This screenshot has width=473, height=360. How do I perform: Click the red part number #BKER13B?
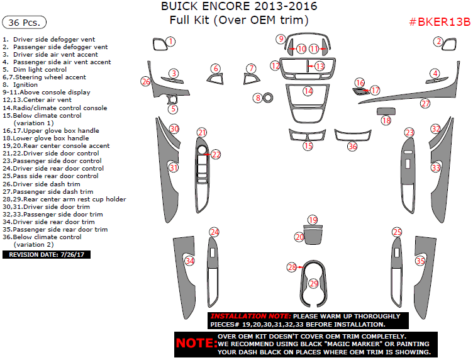tap(440, 22)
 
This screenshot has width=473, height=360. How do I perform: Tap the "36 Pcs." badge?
tap(24, 22)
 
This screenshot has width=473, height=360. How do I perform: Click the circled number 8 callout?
tap(258, 98)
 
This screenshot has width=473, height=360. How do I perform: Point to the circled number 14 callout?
tap(308, 91)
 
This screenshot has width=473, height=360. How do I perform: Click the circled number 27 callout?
tap(425, 103)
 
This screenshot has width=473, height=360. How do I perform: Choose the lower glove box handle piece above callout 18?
tap(386, 111)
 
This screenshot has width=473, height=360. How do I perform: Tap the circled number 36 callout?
tap(352, 147)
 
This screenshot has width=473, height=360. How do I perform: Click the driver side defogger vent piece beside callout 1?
tap(159, 44)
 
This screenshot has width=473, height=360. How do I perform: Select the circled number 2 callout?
tap(438, 42)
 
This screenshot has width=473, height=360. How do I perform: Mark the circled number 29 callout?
tap(314, 284)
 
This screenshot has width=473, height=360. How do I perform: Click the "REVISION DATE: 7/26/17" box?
tap(47, 255)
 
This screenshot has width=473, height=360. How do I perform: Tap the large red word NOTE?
tap(196, 344)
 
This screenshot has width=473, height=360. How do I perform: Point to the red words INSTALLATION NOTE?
tap(251, 316)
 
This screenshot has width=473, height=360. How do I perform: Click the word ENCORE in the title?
tap(223, 6)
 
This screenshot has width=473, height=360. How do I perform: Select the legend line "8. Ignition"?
tap(20, 85)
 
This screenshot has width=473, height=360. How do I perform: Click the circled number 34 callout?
tap(189, 261)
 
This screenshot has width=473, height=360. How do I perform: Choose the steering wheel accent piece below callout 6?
tap(216, 79)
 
